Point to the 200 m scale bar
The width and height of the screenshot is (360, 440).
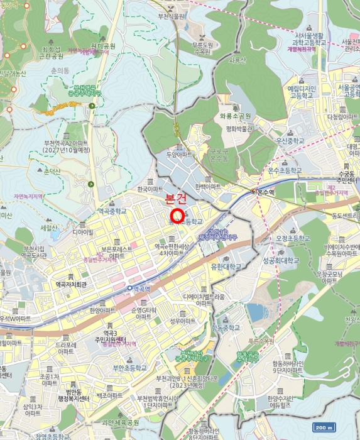323,428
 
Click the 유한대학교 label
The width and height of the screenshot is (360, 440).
227,267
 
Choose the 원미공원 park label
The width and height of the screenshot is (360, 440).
103,46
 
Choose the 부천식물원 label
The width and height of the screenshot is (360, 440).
189,17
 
